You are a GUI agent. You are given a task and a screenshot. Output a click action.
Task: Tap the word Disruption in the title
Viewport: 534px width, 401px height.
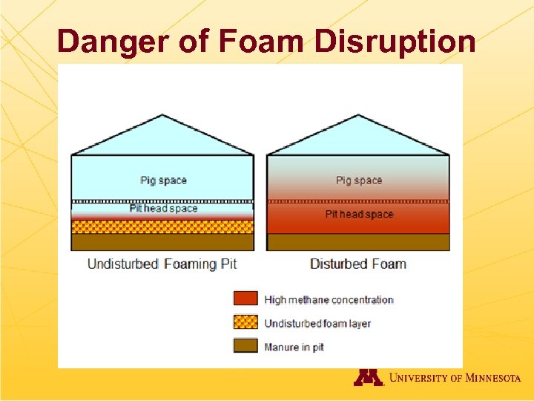click(x=395, y=42)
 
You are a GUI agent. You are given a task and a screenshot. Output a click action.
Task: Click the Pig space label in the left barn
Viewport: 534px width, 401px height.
click(x=163, y=180)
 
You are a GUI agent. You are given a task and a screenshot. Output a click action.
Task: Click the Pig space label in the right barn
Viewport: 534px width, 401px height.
click(x=359, y=180)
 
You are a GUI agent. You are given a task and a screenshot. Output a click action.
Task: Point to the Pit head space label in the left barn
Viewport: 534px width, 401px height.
click(x=163, y=209)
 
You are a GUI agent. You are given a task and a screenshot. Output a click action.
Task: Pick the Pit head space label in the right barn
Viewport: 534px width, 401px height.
click(x=359, y=215)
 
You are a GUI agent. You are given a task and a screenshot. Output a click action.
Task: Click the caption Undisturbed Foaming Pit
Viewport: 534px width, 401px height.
click(x=162, y=264)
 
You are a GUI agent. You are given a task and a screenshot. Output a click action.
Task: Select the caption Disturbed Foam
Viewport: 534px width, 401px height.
click(x=357, y=264)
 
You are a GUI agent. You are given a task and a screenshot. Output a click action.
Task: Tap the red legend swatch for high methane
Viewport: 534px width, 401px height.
click(x=245, y=299)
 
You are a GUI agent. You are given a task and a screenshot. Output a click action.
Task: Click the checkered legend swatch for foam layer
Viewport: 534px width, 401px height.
click(x=245, y=322)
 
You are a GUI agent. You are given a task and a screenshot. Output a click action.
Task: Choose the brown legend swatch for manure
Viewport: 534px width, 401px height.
click(x=245, y=346)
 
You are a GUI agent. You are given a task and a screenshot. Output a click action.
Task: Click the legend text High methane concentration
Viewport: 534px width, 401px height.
click(x=329, y=300)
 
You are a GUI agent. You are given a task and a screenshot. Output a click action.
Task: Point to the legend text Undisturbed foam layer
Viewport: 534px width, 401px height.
click(x=317, y=324)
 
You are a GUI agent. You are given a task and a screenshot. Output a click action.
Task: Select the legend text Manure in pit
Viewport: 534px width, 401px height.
click(x=294, y=348)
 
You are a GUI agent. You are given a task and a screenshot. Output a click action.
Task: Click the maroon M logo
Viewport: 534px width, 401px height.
click(x=369, y=377)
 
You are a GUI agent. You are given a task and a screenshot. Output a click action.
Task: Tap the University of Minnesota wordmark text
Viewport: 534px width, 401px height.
click(x=455, y=378)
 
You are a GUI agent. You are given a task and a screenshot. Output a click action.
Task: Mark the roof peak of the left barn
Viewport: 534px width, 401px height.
click(x=162, y=116)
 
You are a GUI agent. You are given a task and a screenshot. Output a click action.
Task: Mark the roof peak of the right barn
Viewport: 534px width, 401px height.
click(x=358, y=116)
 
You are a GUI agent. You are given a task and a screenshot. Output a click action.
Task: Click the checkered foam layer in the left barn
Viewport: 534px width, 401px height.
click(x=162, y=226)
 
